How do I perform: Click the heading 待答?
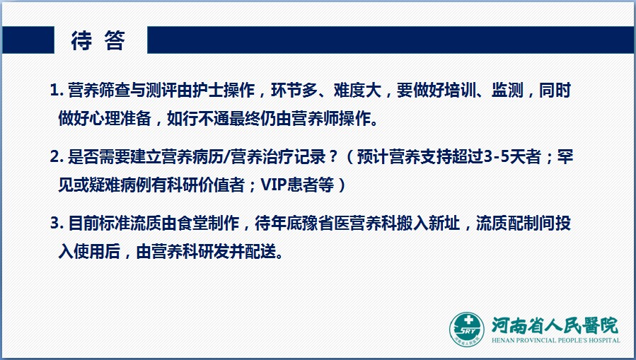pos(98,40)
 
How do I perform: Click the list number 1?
pos(57,91)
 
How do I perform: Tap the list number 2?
pos(57,157)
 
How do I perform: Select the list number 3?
pos(57,223)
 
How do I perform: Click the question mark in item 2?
pos(333,157)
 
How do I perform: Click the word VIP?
pos(273,185)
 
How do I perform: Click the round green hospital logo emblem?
pos(467,329)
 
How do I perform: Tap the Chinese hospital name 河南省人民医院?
pos(555,325)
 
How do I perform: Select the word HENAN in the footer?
pos(502,340)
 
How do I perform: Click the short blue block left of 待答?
pos(28,40)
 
